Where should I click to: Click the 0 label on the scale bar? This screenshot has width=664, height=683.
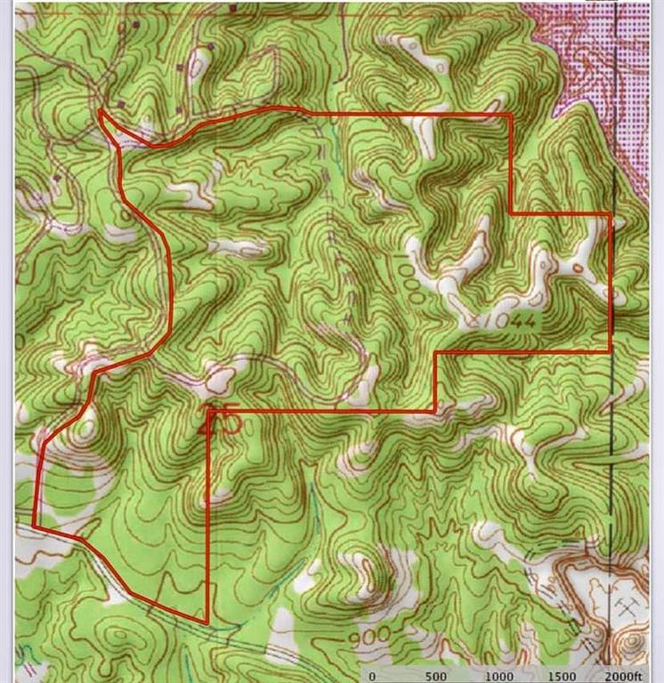click(373, 675)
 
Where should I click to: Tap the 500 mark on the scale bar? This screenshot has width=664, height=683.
click(436, 675)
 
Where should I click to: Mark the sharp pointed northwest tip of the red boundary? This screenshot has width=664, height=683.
click(101, 110)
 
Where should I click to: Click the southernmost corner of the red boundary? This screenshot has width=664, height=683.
click(206, 623)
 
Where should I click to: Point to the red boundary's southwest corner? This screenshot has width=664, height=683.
click(35, 526)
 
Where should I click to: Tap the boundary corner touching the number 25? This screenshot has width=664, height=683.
click(208, 411)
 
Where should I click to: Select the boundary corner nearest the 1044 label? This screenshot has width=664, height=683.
click(436, 352)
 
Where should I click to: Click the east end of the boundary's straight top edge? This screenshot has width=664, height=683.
click(510, 114)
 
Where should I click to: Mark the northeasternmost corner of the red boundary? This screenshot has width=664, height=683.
click(611, 214)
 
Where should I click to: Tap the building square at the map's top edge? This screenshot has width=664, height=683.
click(233, 7)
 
